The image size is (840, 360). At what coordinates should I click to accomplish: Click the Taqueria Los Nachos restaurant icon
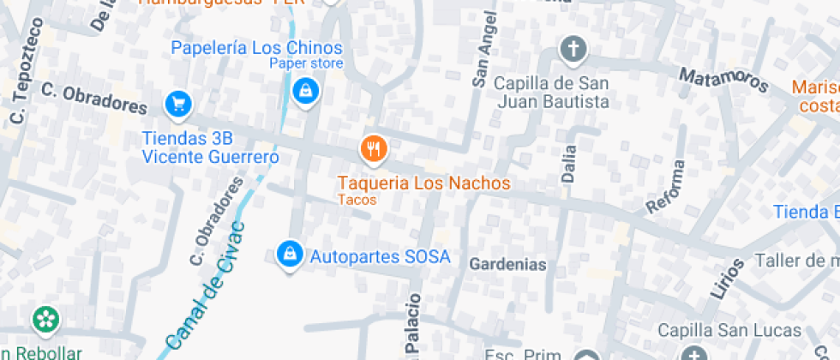(373, 150)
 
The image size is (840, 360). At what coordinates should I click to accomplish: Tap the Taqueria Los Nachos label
(423, 183)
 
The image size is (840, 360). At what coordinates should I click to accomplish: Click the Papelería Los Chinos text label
(256, 48)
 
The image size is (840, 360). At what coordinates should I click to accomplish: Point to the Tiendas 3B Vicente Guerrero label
(210, 147)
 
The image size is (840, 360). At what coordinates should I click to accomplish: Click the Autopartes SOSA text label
(380, 256)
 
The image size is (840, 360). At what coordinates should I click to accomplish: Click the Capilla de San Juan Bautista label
(552, 93)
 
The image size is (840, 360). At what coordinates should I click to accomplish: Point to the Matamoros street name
(723, 80)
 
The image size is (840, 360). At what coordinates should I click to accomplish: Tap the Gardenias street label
(507, 265)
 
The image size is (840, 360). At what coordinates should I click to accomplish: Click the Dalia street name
(568, 163)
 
